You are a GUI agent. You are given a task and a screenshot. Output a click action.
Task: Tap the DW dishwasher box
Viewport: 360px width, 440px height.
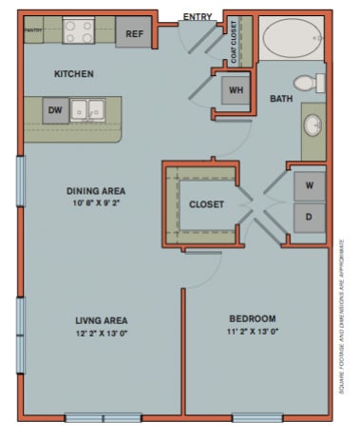pyautogui.click(x=56, y=111)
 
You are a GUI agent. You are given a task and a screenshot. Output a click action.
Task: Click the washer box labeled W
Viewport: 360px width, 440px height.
pyautogui.click(x=309, y=183)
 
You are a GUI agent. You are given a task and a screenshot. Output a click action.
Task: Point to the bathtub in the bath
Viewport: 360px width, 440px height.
pyautogui.click(x=293, y=39)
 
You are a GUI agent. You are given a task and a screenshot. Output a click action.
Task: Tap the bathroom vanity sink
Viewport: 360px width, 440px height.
pyautogui.click(x=314, y=125)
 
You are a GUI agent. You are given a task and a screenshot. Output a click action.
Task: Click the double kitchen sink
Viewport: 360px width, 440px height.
pyautogui.click(x=91, y=108)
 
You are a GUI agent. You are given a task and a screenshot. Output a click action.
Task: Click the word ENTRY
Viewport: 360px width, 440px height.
pyautogui.click(x=196, y=15)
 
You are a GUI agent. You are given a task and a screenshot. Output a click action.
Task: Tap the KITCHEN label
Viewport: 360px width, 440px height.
pyautogui.click(x=73, y=74)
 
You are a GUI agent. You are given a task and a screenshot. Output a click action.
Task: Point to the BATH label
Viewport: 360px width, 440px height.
pyautogui.click(x=281, y=98)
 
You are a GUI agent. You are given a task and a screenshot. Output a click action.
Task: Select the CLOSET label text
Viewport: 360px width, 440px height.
pyautogui.click(x=206, y=203)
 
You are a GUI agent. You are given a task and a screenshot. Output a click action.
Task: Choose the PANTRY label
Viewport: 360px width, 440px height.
pyautogui.click(x=35, y=29)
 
